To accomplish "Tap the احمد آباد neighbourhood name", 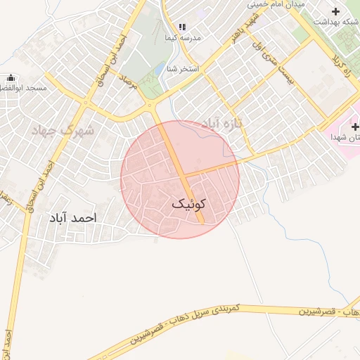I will pyautogui.click(x=71, y=219).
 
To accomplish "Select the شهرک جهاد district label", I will pyautogui.click(x=63, y=130).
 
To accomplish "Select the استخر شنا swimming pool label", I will pyautogui.click(x=183, y=69).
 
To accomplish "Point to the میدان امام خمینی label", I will pyautogui.click(x=276, y=4).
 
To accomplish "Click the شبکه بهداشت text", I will pyautogui.click(x=335, y=22).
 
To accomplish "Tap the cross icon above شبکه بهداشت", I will pyautogui.click(x=335, y=11).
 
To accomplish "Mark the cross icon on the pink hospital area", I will pyautogui.click(x=355, y=127).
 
